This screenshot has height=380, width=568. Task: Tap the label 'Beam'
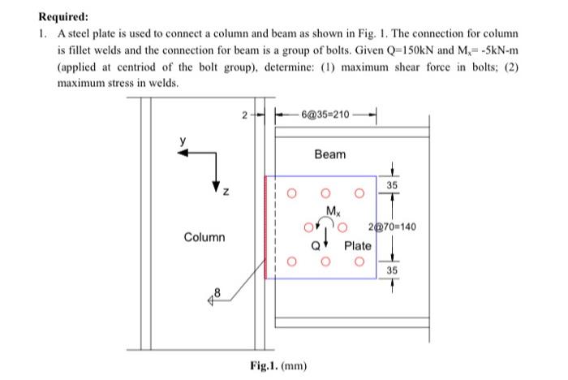click(329, 154)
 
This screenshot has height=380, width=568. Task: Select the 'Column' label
click(204, 238)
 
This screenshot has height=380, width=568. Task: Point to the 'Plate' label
click(357, 245)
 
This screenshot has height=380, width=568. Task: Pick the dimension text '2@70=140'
click(392, 227)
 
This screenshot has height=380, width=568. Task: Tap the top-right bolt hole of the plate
click(358, 194)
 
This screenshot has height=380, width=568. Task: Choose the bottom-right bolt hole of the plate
click(358, 261)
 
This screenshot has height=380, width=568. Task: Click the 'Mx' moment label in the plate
click(331, 211)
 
